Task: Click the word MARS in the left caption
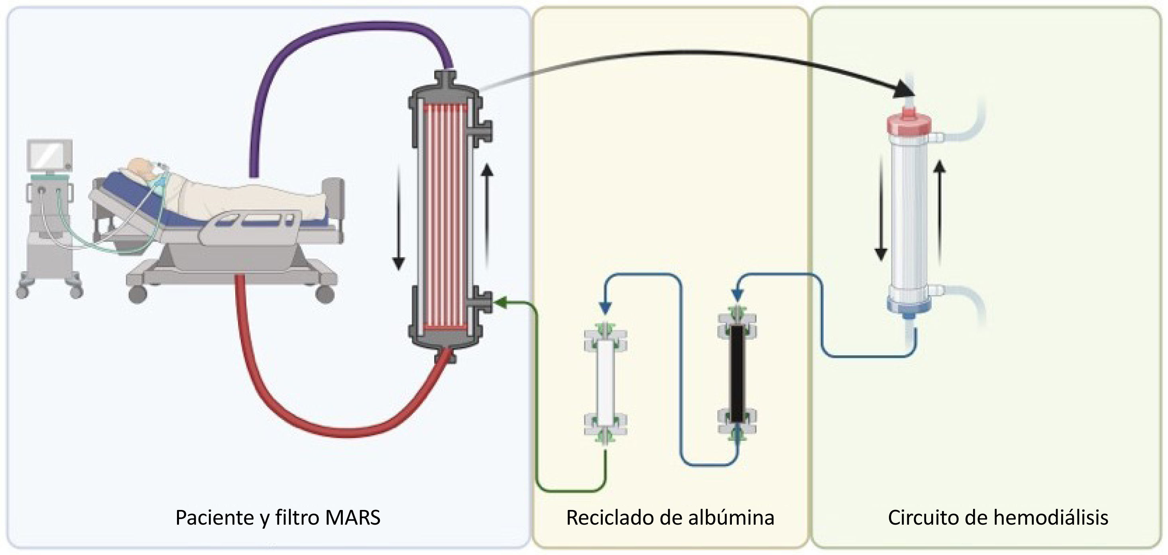352,518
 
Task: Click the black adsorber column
737,374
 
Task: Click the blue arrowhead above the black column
737,295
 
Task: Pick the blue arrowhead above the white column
605,307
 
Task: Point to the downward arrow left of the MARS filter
398,218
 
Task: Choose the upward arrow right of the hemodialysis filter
940,213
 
